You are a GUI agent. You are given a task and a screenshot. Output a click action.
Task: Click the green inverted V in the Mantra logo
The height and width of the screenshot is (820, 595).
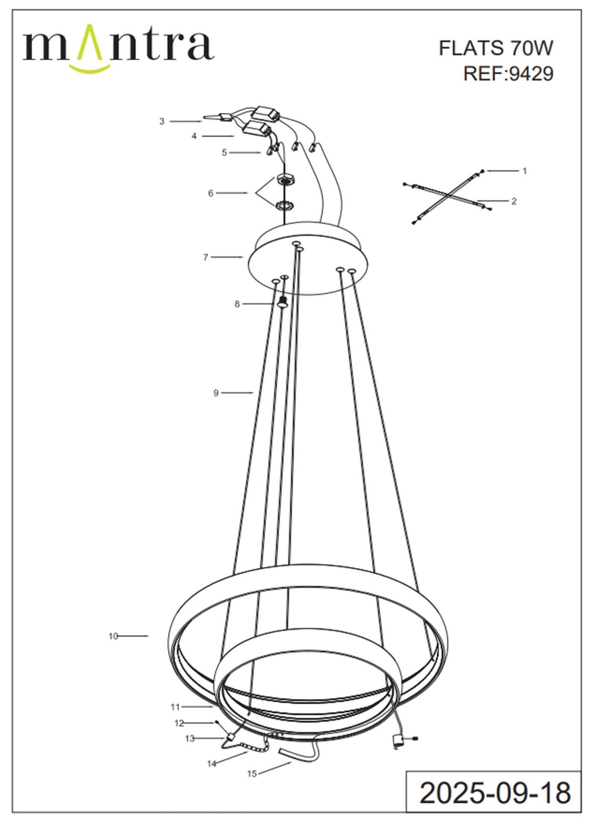click(90, 42)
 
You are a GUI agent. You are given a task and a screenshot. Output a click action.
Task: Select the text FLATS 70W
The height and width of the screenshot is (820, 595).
click(496, 48)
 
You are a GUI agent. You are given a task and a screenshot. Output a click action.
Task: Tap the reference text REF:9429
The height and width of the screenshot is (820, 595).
click(508, 73)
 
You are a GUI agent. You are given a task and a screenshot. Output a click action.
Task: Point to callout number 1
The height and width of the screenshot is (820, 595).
click(525, 171)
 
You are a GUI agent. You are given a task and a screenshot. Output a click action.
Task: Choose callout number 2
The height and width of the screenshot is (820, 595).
click(514, 201)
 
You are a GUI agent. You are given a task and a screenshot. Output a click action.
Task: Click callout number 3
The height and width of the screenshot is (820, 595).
click(162, 121)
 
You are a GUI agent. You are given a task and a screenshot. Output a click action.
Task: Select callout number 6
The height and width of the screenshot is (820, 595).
click(210, 193)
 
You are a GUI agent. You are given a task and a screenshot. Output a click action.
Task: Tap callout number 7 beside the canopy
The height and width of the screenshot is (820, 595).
click(205, 257)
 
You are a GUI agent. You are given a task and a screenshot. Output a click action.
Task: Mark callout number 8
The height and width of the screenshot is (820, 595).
click(237, 304)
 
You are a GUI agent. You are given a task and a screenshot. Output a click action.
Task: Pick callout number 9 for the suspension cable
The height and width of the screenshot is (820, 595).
click(216, 392)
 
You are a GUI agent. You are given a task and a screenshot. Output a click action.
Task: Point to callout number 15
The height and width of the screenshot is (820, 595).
click(252, 773)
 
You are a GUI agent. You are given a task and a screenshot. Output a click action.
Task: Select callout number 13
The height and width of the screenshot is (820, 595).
click(190, 738)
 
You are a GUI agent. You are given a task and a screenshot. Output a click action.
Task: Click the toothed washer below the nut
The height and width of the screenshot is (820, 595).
click(284, 206)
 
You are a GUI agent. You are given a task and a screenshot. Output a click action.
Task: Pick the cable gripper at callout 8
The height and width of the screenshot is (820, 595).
click(282, 302)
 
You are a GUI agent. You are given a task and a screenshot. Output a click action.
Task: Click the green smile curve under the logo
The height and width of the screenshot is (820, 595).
click(90, 68)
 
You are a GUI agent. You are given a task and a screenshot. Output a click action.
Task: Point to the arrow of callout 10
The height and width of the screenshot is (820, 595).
click(133, 636)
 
